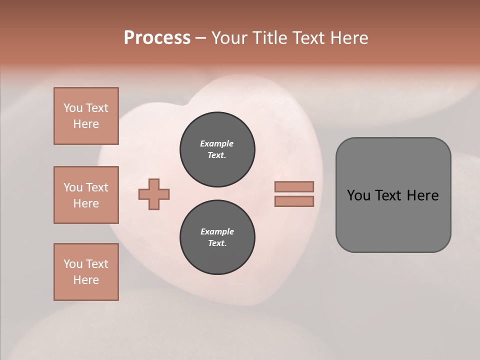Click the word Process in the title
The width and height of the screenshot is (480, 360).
[157, 38]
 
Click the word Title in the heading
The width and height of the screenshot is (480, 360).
[269, 38]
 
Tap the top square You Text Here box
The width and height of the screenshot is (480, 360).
[86, 116]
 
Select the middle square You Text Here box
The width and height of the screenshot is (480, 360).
[86, 195]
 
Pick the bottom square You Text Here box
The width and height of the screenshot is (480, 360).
[86, 272]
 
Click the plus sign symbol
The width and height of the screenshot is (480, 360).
[154, 194]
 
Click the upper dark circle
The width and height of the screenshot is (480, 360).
[217, 149]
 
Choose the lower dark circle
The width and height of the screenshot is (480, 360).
[217, 237]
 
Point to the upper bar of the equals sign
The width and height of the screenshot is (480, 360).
[294, 186]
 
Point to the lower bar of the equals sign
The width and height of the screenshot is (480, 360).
[294, 201]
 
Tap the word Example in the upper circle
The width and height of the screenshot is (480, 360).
[217, 143]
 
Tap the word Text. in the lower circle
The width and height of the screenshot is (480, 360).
[217, 243]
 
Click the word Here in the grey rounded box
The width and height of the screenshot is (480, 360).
[422, 195]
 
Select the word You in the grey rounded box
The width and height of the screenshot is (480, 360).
[358, 195]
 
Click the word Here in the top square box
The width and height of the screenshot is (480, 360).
[86, 124]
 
